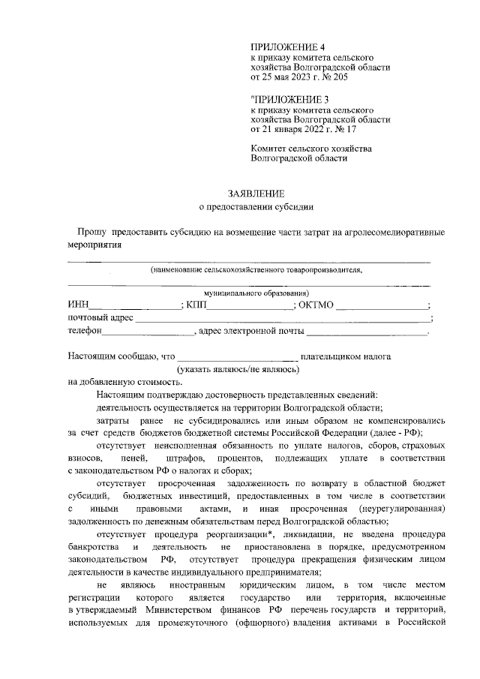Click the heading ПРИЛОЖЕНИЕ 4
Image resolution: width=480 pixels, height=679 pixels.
pyautogui.click(x=284, y=47)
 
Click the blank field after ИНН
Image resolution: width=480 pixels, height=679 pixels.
pyautogui.click(x=135, y=304)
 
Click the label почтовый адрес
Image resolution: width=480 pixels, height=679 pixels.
pyautogui.click(x=100, y=317)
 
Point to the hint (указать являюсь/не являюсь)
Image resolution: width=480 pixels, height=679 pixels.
pyautogui.click(x=238, y=369)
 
